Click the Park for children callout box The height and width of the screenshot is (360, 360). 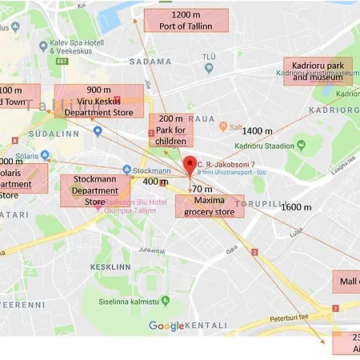pyautogui.click(x=171, y=130)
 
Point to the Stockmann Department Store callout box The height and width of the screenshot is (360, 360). pyautogui.click(x=95, y=190)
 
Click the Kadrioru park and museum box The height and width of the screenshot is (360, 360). pyautogui.click(x=318, y=71)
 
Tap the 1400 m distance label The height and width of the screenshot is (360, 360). pyautogui.click(x=257, y=130)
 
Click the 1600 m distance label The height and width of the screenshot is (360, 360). pyautogui.click(x=296, y=207)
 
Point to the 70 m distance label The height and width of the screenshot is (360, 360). pyautogui.click(x=202, y=189)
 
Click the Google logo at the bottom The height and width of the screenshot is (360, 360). pyautogui.click(x=167, y=326)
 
